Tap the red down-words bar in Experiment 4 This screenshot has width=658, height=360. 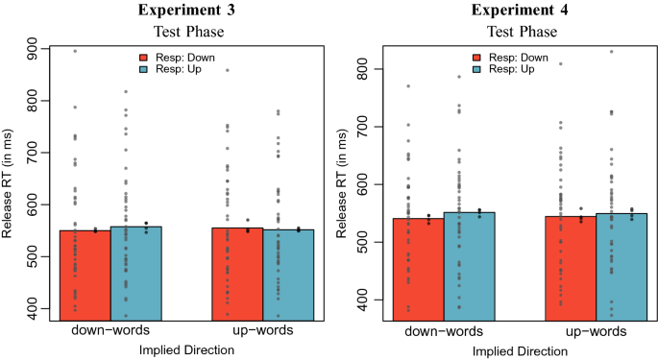[x=419, y=268]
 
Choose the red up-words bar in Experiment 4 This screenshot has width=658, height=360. [x=571, y=267]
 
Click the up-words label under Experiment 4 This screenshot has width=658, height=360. [x=596, y=330]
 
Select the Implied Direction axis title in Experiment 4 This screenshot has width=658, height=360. [x=519, y=351]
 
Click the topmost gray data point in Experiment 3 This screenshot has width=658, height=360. [x=75, y=51]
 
